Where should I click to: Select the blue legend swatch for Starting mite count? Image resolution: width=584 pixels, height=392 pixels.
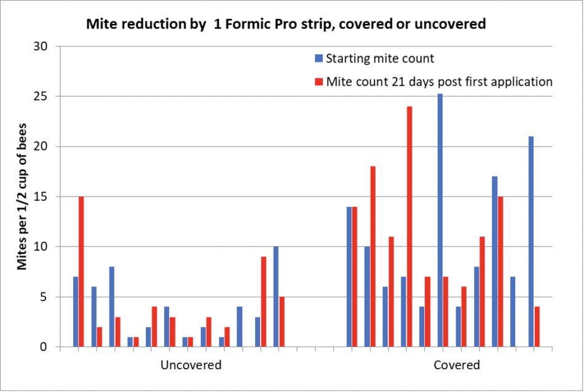pyautogui.click(x=318, y=59)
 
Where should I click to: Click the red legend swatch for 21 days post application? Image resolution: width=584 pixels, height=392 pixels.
pyautogui.click(x=318, y=82)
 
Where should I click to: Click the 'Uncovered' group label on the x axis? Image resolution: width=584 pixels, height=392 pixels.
pyautogui.click(x=191, y=366)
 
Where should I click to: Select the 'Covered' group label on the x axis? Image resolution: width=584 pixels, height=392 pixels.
pyautogui.click(x=457, y=366)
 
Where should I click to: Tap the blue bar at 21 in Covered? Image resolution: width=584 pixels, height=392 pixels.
pyautogui.click(x=531, y=241)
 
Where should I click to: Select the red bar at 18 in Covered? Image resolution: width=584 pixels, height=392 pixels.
pyautogui.click(x=373, y=256)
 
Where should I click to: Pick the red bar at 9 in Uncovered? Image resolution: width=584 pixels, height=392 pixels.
pyautogui.click(x=264, y=302)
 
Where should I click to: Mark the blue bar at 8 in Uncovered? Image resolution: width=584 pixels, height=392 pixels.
pyautogui.click(x=112, y=307)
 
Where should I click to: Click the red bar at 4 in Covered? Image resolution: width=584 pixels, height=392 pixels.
pyautogui.click(x=537, y=327)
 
